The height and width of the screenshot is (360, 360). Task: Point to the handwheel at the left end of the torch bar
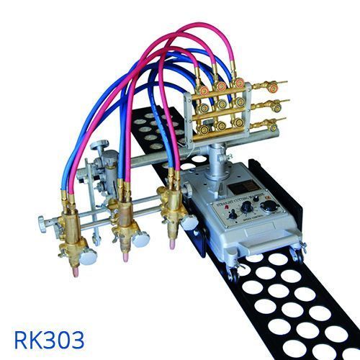(43, 220)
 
